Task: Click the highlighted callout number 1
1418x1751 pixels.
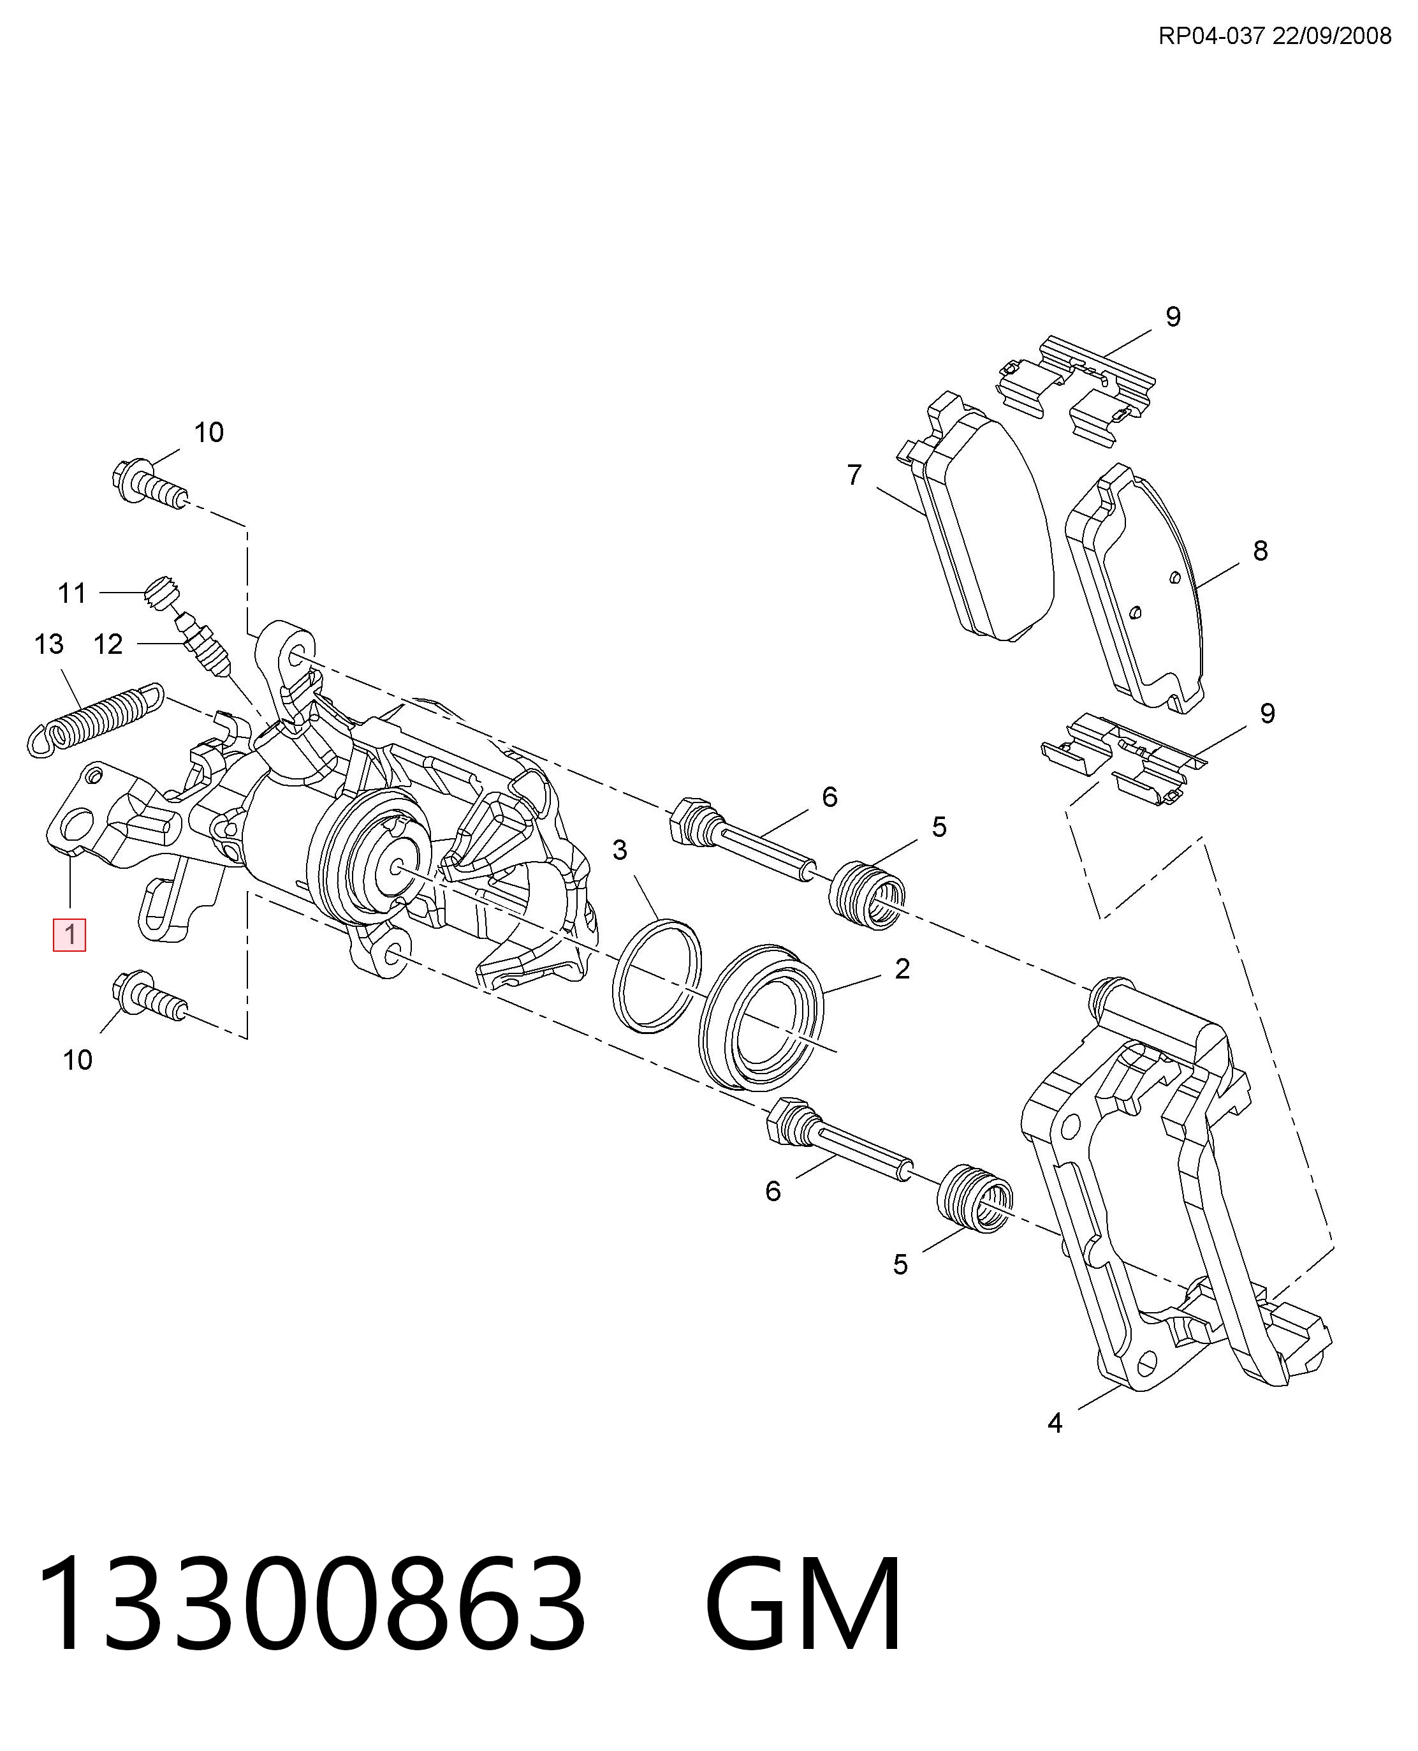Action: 69,935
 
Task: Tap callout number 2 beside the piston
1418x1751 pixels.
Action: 902,969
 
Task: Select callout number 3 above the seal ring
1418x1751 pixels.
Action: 620,850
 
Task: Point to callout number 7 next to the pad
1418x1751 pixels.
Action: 854,475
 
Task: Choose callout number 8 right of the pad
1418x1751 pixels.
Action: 1261,550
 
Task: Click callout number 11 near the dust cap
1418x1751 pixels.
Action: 72,593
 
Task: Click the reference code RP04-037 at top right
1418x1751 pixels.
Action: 1212,36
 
